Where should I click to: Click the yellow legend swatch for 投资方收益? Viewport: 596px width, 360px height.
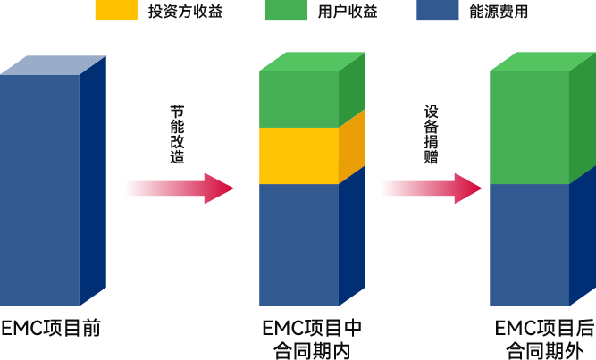(116, 10)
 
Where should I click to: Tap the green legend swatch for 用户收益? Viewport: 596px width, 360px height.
(286, 10)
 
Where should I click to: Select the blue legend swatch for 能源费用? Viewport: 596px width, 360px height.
(438, 10)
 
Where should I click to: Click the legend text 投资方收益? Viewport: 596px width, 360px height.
(185, 12)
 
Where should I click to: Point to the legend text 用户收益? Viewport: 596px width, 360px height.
(348, 12)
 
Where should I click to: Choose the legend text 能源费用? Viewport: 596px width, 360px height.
(499, 12)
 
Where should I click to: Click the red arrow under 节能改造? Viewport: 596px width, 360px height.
(180, 188)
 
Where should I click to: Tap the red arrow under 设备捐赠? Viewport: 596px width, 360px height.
(432, 188)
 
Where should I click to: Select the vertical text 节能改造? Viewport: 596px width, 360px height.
(178, 134)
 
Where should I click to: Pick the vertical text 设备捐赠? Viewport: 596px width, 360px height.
(432, 134)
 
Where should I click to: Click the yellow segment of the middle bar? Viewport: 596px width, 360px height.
(298, 155)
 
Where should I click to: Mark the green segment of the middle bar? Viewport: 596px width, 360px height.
(298, 99)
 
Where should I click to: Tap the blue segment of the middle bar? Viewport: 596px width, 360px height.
(298, 245)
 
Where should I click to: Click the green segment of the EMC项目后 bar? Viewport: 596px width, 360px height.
(529, 128)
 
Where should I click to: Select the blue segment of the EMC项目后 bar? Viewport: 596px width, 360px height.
(529, 245)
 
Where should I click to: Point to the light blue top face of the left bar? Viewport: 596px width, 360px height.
(53, 65)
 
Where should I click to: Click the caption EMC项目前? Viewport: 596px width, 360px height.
(51, 328)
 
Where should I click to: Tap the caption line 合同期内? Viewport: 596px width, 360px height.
(312, 351)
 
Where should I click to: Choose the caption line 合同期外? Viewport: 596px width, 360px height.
(544, 351)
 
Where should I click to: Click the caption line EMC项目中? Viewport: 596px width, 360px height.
(312, 328)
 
